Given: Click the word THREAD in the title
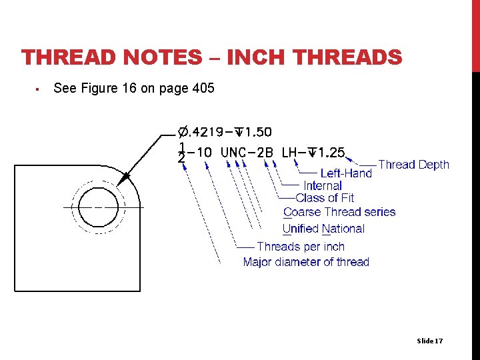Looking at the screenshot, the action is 66,58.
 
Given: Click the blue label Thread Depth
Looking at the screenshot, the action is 413,165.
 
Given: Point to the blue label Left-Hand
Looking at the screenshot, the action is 346,173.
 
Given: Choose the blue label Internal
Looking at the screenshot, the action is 323,185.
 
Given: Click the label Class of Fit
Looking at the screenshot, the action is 325,198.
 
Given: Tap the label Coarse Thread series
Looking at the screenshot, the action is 339,213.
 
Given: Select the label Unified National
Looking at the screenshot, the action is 323,229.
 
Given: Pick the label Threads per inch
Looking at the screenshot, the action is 301,247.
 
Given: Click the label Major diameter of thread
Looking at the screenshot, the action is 306,262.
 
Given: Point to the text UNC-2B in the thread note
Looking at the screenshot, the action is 247,153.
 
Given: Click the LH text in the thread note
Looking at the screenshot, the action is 289,153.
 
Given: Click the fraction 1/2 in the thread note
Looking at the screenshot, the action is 181,153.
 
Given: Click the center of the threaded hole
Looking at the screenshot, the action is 99,207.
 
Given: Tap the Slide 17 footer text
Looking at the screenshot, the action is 429,341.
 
